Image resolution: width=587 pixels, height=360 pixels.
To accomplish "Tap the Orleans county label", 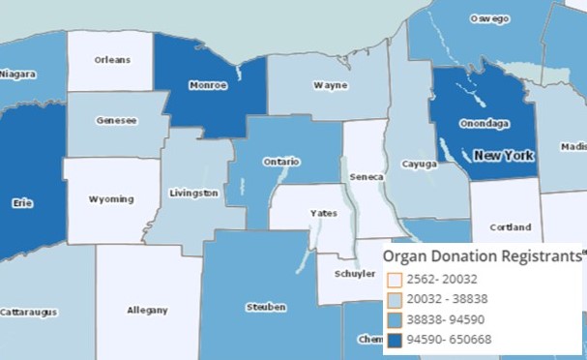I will point(112,60).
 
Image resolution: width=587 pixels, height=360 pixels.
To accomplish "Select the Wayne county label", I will point(331,85).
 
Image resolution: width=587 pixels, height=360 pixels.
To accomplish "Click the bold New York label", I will point(503,155).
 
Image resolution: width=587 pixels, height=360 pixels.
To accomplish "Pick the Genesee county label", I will point(116,121).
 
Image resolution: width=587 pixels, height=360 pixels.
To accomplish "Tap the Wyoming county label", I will point(111,199).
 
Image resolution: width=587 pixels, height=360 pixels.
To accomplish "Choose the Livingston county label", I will point(193,193).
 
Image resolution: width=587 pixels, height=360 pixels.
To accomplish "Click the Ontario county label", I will point(281,162).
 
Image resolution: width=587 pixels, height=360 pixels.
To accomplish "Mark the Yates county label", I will point(323,213).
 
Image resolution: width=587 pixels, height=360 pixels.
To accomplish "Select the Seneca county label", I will point(367,177).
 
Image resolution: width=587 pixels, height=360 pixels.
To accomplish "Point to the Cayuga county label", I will point(420,165).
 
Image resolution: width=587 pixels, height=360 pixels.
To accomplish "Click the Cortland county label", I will point(511,227).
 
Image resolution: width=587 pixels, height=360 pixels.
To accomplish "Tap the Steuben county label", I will point(266,307).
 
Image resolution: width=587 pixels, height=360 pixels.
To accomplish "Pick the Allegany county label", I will point(147,310).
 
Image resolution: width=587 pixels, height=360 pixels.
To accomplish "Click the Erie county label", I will point(17,205).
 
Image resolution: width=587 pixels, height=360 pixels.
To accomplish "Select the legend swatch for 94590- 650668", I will point(394,340).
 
